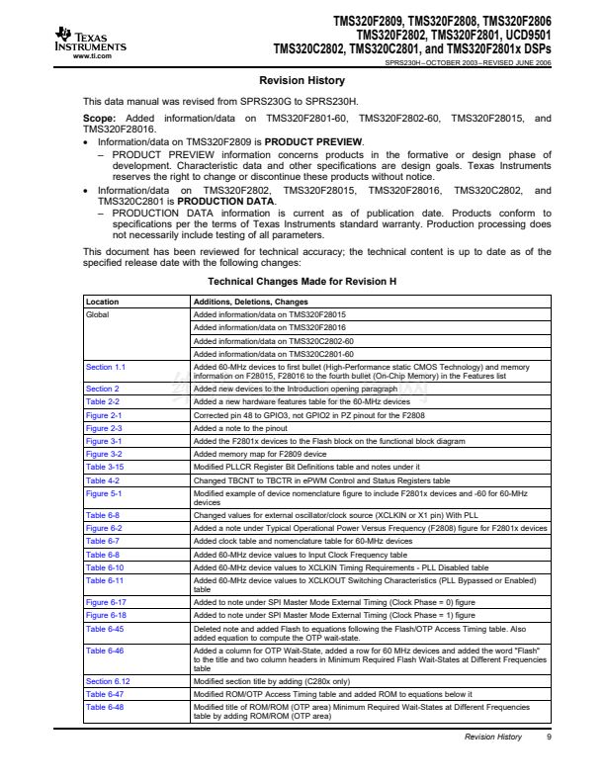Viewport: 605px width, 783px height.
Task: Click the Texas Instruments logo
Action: pos(90,41)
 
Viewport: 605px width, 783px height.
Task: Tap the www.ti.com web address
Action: pos(91,56)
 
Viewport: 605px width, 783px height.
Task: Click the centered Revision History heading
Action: pos(302,80)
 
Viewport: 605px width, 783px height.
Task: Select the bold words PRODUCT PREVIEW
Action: pos(320,143)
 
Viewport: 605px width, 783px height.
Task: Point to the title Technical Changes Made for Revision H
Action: pos(302,282)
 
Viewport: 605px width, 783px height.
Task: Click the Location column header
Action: pos(103,302)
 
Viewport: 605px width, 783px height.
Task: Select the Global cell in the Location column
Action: pos(99,314)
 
